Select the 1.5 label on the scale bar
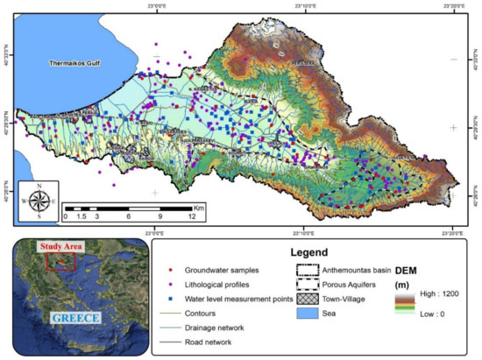click(82, 216)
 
